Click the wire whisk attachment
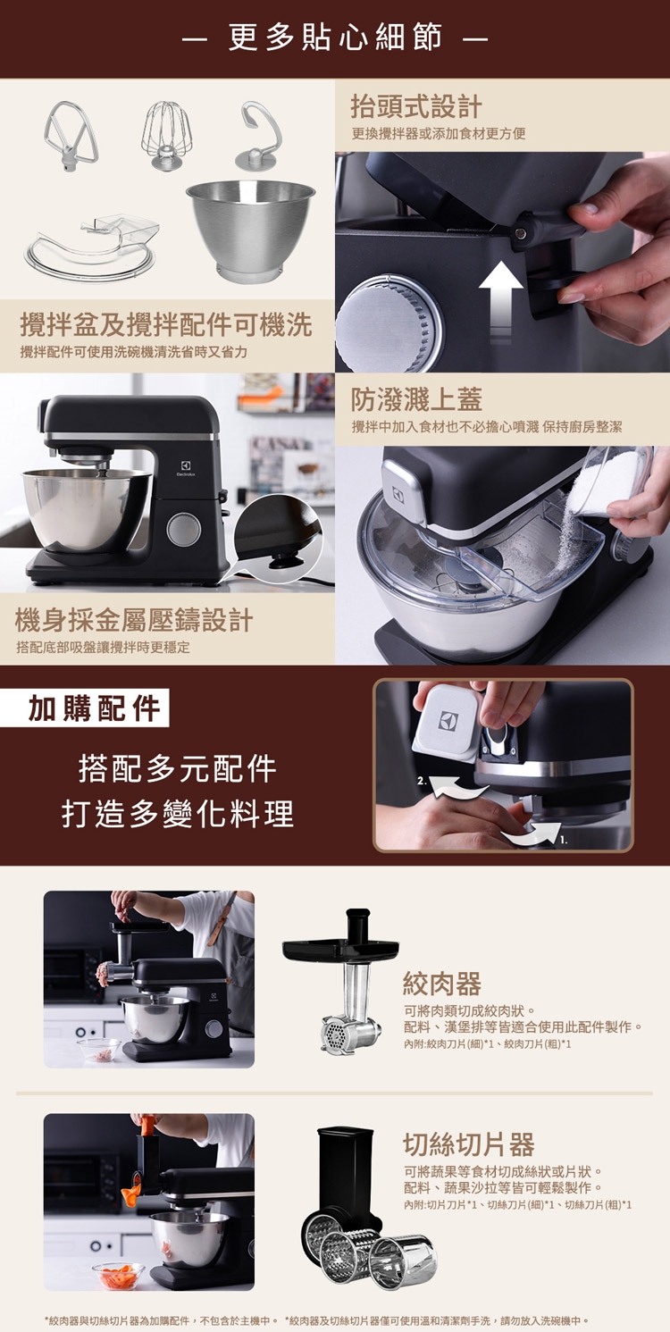167,136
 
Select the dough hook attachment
260,137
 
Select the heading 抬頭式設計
415,107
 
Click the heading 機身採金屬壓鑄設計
134,619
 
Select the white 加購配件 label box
95,708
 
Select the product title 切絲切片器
468,1144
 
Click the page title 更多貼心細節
335,38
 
